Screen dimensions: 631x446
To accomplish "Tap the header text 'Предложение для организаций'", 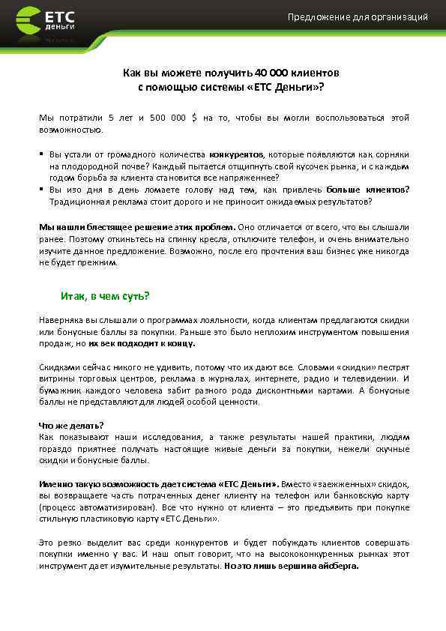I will tap(358, 17).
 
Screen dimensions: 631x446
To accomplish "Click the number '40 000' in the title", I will tap(269, 73).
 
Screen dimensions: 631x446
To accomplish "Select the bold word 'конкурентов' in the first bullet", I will tap(236, 154).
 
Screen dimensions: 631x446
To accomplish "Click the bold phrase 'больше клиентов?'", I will tap(368, 190).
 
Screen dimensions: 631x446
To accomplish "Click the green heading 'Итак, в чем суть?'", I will tap(105, 295).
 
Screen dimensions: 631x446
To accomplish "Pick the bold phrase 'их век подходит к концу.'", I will tap(142, 343).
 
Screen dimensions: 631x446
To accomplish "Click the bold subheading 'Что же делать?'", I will tap(71, 425).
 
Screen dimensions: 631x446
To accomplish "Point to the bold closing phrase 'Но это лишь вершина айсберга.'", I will tap(292, 567).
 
